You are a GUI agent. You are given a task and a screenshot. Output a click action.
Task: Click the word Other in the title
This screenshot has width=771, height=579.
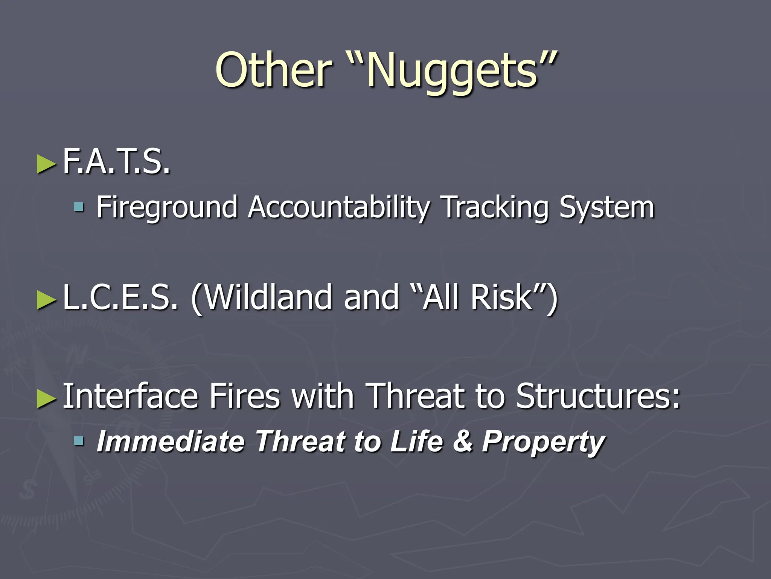[x=274, y=70]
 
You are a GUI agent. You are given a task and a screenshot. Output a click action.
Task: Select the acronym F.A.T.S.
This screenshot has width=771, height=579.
[x=116, y=162]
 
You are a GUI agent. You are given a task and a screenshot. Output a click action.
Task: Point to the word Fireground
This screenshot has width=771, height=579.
[x=167, y=207]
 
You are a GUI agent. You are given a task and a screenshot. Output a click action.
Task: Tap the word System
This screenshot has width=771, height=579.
[x=606, y=207]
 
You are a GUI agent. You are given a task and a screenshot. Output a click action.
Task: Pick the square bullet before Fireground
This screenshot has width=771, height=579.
[x=79, y=207]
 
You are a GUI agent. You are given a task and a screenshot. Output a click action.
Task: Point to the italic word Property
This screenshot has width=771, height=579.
[x=543, y=442]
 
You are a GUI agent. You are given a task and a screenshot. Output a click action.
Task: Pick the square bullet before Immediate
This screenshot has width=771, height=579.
[x=79, y=440]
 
